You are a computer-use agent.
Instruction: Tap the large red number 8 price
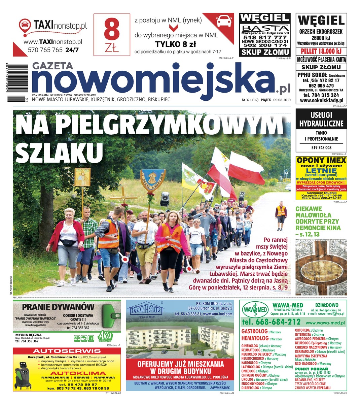pyautogui.click(x=112, y=30)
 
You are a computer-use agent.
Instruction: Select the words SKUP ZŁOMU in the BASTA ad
pyautogui.click(x=265, y=52)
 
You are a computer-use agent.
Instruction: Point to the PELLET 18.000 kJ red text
pyautogui.click(x=321, y=51)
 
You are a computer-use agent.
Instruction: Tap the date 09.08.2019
pyautogui.click(x=282, y=100)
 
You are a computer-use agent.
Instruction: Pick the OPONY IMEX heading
pyautogui.click(x=321, y=160)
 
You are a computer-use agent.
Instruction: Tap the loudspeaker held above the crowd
pyautogui.click(x=165, y=199)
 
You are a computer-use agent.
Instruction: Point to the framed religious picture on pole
pyautogui.click(x=82, y=177)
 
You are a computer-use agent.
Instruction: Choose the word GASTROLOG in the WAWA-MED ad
pyautogui.click(x=254, y=331)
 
